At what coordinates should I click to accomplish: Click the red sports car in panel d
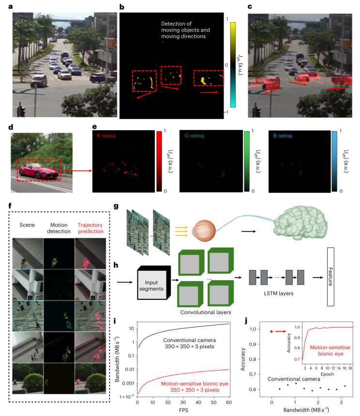[x=38, y=171]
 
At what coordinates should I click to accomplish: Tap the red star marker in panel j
[x=271, y=331]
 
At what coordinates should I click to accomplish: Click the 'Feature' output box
[x=330, y=277]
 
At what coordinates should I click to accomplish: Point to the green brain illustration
[x=300, y=223]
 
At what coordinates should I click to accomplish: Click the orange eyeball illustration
[x=204, y=231]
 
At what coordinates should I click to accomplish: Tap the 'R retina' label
[x=106, y=136]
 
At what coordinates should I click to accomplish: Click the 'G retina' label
[x=195, y=136]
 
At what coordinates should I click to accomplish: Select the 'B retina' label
[x=283, y=136]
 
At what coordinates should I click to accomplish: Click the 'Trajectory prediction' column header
[x=90, y=228]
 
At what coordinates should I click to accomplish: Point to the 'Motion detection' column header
[x=59, y=228]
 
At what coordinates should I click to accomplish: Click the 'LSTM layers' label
[x=279, y=293]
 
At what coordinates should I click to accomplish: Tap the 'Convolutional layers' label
[x=206, y=312]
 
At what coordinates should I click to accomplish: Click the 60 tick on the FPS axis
[x=229, y=402]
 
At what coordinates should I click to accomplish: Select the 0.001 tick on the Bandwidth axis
[x=128, y=383]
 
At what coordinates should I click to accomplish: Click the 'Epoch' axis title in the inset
[x=328, y=374]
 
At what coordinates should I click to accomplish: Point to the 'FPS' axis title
[x=183, y=410]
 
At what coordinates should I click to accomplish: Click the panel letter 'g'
[x=116, y=207]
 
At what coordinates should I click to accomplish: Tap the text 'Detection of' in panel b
[x=176, y=24]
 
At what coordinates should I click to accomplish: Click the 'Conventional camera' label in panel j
[x=294, y=379]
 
